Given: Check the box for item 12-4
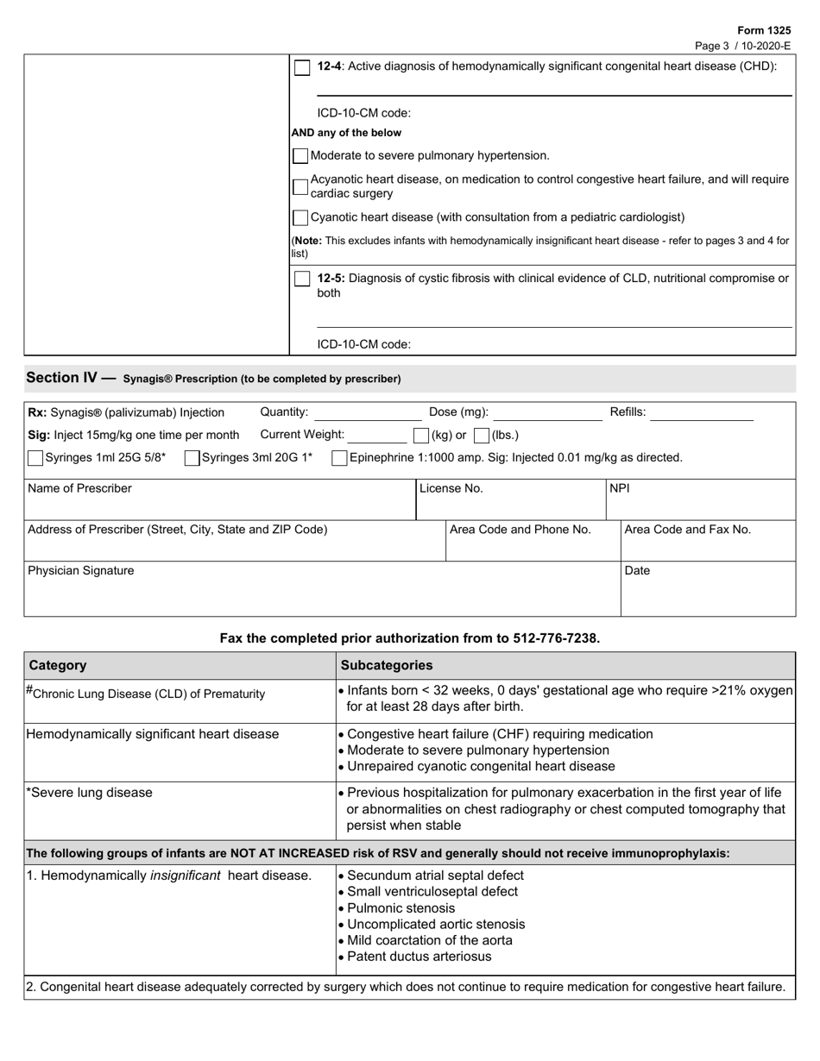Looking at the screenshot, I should (302, 67).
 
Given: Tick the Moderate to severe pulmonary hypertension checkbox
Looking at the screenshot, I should (300, 156).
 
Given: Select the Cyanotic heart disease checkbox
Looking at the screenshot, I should (300, 217).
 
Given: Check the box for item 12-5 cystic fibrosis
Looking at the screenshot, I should (302, 279).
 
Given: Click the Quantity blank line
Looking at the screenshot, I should (367, 414).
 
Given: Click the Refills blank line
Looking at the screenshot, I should (702, 414).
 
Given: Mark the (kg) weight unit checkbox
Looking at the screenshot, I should (421, 436).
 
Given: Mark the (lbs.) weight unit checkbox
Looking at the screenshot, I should (482, 436).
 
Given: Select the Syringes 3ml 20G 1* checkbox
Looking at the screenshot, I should (192, 458).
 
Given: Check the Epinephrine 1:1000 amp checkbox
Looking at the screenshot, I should (340, 458).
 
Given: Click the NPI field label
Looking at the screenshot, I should (620, 488).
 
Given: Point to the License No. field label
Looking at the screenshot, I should (451, 488).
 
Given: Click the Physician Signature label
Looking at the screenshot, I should (81, 570).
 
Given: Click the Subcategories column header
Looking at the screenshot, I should (387, 665).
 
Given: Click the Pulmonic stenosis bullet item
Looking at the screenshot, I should (401, 908).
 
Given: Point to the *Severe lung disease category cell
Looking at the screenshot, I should (90, 793).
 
